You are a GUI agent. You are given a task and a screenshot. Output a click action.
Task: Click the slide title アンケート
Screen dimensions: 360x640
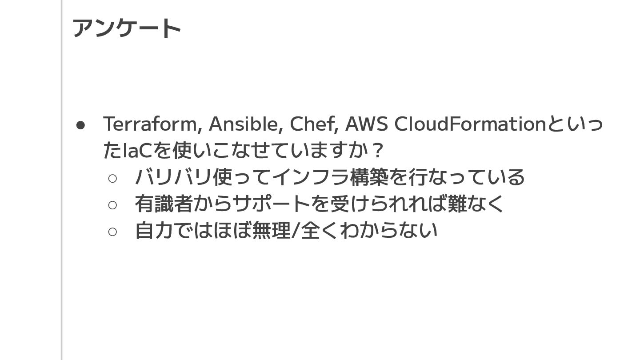coord(127,28)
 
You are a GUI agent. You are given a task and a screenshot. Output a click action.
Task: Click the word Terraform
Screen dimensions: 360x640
coord(149,124)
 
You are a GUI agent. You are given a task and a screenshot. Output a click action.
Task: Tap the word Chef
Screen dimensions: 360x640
coord(313,124)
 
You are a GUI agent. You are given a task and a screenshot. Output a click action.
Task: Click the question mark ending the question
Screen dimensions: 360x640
coord(378,151)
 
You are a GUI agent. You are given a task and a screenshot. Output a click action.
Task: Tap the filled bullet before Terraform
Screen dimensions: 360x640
coord(80,125)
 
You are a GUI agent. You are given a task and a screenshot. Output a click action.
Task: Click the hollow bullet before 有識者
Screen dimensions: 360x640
coord(112,205)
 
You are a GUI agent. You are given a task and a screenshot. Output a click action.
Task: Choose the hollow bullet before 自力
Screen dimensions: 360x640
coord(112,232)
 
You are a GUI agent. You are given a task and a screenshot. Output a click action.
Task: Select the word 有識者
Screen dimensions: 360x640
coord(164,204)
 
